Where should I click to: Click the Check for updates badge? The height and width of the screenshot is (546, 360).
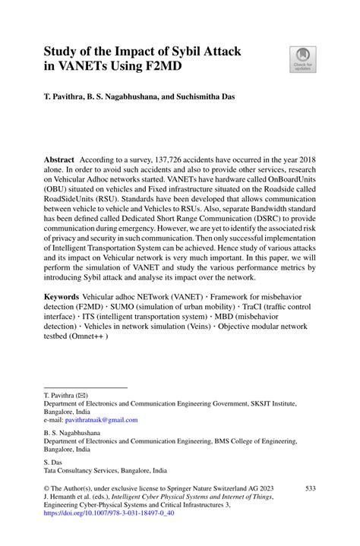(x=302, y=60)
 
